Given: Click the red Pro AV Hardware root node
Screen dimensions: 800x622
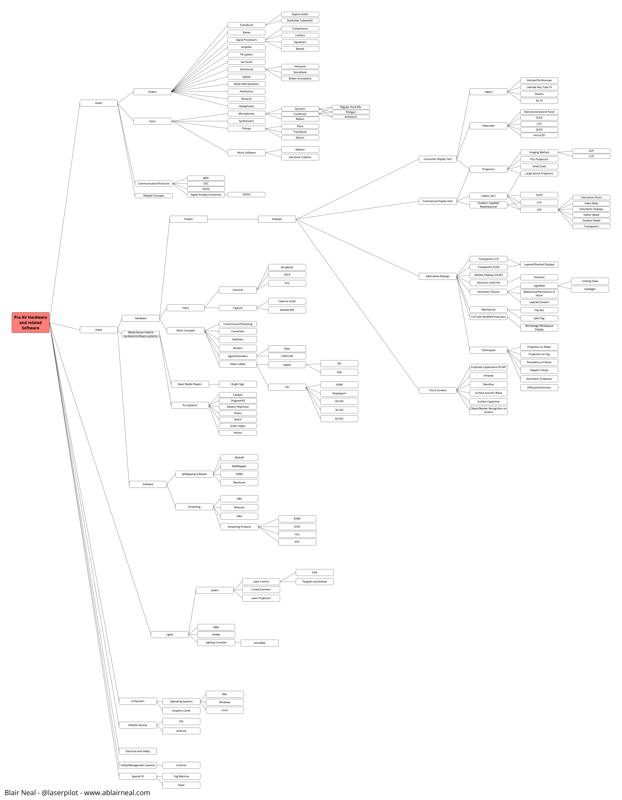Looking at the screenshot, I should point(30,322).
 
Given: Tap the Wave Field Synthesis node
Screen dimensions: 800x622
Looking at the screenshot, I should point(246,84).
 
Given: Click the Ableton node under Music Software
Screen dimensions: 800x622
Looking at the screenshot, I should point(300,150).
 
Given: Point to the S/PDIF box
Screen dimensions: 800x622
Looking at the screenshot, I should point(246,194).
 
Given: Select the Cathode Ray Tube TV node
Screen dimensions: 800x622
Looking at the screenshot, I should point(539,87).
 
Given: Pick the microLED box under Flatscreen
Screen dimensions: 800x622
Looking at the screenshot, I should point(539,135).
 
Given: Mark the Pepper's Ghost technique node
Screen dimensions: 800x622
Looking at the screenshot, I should point(539,370).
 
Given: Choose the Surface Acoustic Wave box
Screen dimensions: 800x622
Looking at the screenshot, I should point(488,393).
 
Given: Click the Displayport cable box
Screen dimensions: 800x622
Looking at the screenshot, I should point(339,393).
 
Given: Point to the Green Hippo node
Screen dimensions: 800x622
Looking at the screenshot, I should point(238,426).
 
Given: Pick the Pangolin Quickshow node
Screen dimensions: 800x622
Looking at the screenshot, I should point(314,581).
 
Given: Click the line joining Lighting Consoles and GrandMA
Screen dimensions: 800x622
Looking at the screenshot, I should point(238,642).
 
